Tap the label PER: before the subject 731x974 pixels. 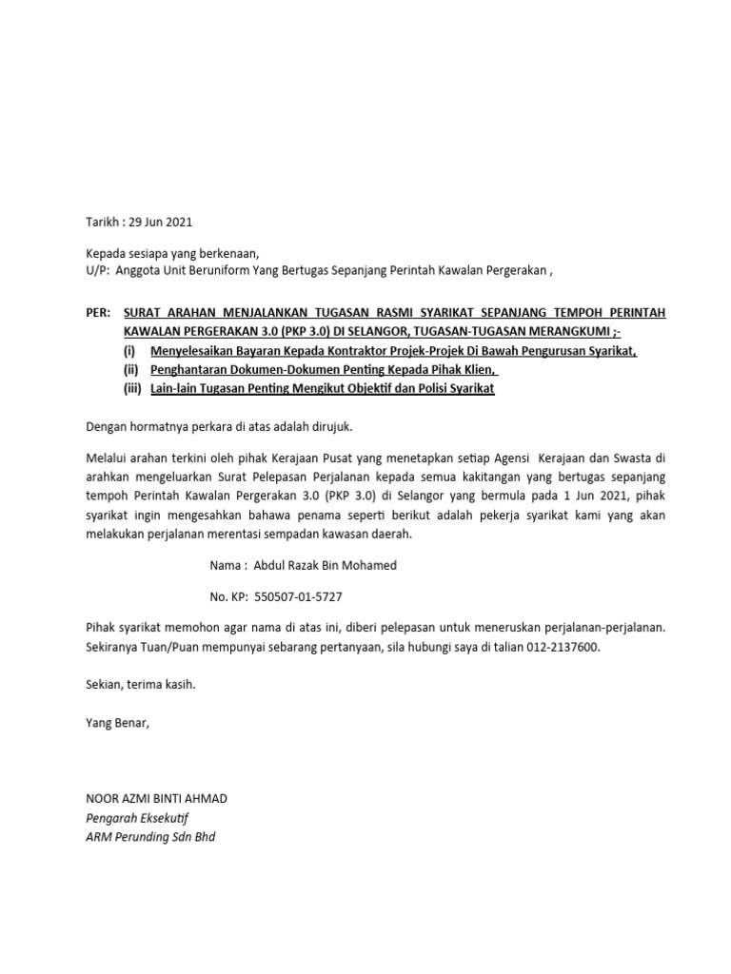click(x=97, y=312)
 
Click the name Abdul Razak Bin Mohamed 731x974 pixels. click(x=326, y=565)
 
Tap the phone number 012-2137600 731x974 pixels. click(x=567, y=647)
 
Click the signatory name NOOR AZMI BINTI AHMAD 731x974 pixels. click(x=157, y=798)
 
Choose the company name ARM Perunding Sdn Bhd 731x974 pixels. click(x=150, y=838)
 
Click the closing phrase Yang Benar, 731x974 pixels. click(x=118, y=722)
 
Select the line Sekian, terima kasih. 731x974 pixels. click(x=140, y=684)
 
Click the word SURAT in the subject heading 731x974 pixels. click(x=146, y=312)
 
